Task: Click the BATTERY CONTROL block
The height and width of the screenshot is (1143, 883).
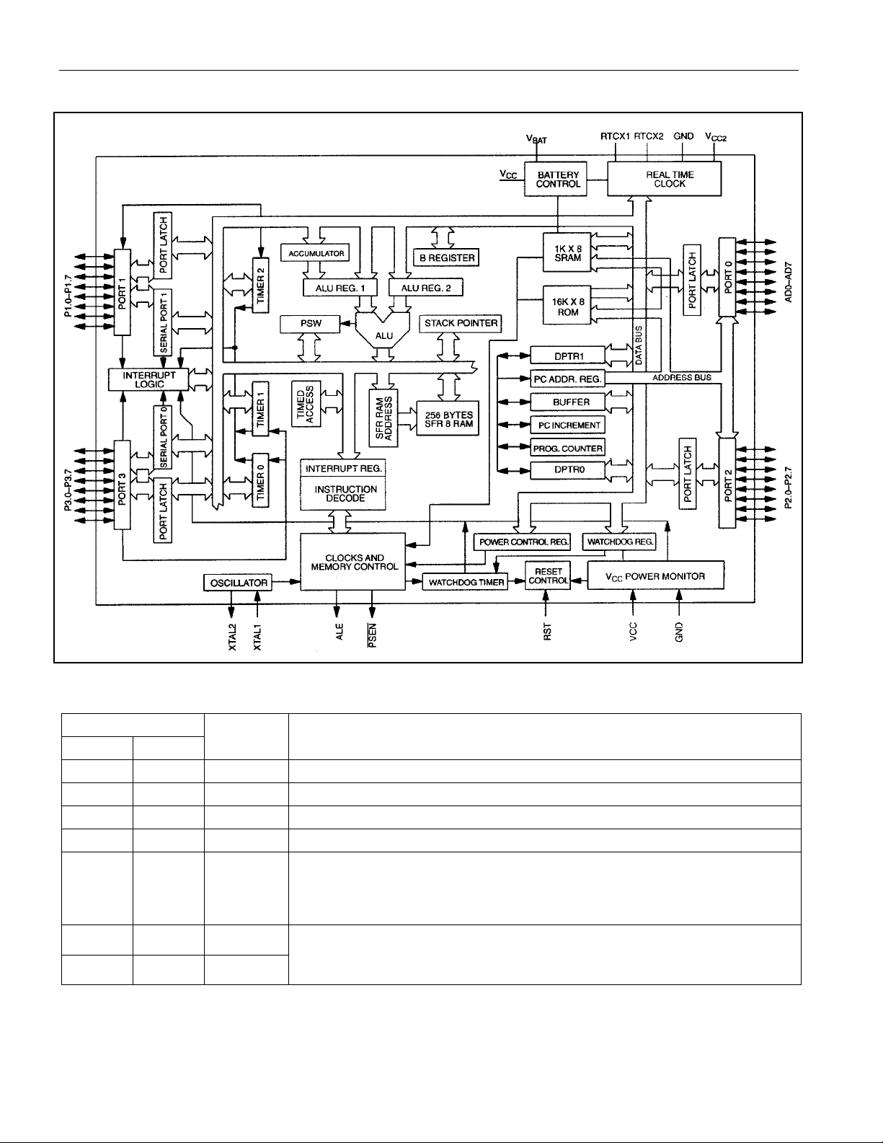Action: [556, 179]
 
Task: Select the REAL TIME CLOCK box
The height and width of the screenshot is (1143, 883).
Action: [665, 179]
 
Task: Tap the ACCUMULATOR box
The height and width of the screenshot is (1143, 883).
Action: [316, 253]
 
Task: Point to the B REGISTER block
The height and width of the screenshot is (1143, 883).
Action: [446, 257]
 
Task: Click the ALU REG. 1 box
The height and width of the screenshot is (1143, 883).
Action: [340, 288]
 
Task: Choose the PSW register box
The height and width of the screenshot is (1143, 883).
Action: [310, 324]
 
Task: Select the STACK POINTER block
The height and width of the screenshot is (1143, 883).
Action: [461, 324]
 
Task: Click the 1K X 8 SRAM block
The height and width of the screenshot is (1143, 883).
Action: [567, 252]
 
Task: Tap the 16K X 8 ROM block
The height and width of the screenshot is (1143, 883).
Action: [567, 306]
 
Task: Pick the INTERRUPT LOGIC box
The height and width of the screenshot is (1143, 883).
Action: [148, 379]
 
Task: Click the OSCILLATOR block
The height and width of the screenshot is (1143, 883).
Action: [238, 582]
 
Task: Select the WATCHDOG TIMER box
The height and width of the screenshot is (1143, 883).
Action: [465, 582]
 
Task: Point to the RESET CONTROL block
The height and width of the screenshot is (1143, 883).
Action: [548, 575]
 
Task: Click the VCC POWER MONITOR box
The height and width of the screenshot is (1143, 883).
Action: [655, 575]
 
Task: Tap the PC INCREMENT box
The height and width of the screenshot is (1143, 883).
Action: [568, 425]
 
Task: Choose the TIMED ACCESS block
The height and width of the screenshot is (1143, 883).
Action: [306, 404]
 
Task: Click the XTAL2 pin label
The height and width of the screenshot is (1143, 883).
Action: [232, 637]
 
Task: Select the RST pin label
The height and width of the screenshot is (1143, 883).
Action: [547, 632]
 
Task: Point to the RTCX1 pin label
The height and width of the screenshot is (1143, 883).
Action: [615, 136]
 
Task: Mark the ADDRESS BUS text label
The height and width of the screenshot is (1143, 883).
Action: [682, 377]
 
